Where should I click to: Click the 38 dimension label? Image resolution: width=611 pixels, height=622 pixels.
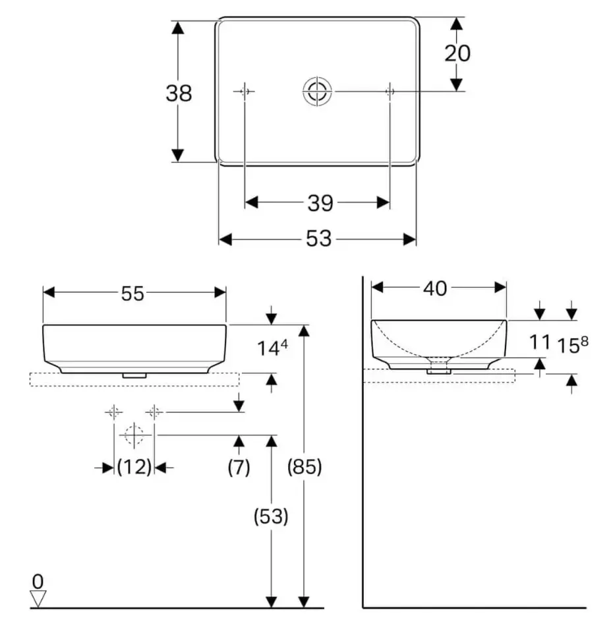pyautogui.click(x=179, y=94)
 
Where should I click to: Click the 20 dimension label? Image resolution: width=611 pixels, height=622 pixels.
pyautogui.click(x=457, y=53)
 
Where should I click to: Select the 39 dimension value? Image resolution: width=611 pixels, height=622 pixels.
pyautogui.click(x=320, y=203)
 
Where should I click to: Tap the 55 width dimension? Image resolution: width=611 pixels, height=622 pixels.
pyautogui.click(x=132, y=294)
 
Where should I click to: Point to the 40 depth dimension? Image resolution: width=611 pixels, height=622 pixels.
pyautogui.click(x=435, y=288)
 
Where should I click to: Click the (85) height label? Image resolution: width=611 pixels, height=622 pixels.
pyautogui.click(x=305, y=467)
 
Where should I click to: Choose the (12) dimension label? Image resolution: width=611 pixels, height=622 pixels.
pyautogui.click(x=134, y=467)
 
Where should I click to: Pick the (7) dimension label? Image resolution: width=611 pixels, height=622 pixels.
pyautogui.click(x=239, y=467)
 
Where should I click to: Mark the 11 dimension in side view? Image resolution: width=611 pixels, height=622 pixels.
pyautogui.click(x=540, y=342)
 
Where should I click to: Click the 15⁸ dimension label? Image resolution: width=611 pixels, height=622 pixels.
pyautogui.click(x=573, y=344)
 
